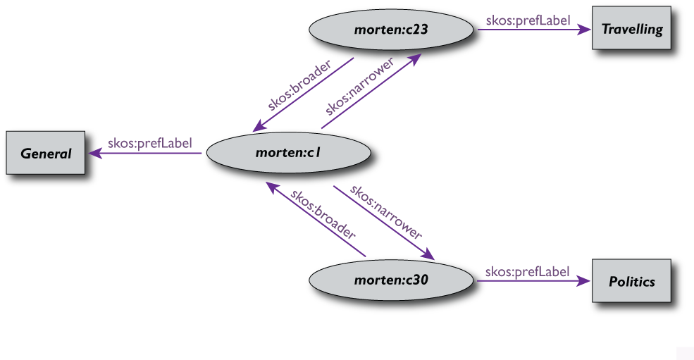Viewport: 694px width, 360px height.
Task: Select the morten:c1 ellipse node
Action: click(289, 152)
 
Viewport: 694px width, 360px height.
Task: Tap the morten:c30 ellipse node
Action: click(392, 280)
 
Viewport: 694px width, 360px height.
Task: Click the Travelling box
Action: click(631, 30)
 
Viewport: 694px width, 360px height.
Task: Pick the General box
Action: click(46, 153)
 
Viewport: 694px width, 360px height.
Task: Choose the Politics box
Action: click(631, 282)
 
